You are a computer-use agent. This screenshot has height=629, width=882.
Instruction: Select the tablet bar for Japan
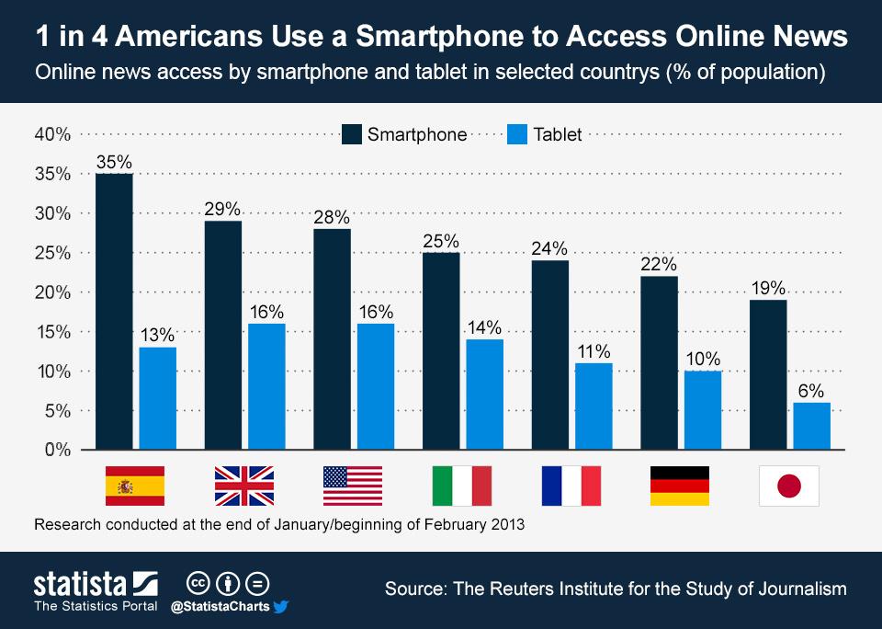point(812,426)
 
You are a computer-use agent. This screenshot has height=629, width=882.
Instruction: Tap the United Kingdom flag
point(243,486)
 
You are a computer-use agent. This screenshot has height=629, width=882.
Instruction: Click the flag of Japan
point(788,486)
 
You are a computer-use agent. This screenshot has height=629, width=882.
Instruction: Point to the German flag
point(680,486)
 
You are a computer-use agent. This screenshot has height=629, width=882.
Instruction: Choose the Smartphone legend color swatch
point(351,134)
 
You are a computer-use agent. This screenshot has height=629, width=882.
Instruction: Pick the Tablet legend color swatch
point(517,134)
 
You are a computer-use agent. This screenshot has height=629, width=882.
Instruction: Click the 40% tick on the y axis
point(51,134)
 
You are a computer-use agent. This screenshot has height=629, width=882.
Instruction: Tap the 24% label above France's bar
point(549,248)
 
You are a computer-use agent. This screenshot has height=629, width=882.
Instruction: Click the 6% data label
point(812,390)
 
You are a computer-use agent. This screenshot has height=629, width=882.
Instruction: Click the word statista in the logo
point(81,584)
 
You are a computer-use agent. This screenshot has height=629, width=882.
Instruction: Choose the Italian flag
point(462,486)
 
